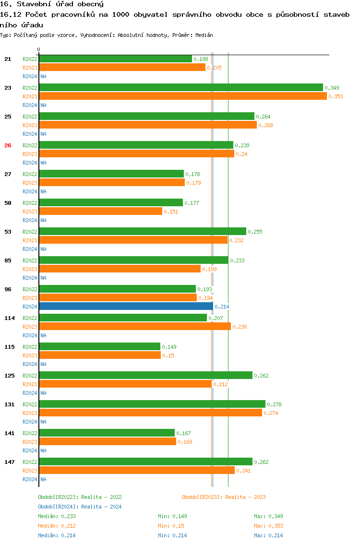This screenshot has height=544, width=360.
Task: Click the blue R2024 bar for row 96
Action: (126, 306)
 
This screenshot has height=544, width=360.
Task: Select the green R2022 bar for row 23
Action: (180, 87)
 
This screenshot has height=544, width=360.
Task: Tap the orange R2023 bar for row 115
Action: (100, 355)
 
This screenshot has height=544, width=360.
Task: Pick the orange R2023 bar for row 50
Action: (100, 211)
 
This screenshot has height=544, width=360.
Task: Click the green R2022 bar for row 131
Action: (152, 404)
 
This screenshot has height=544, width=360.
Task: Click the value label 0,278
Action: (274, 404)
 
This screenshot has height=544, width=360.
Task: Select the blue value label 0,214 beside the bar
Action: (222, 307)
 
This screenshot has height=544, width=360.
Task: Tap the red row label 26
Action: (8, 145)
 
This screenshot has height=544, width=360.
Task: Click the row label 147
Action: (10, 462)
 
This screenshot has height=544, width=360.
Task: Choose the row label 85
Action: (8, 260)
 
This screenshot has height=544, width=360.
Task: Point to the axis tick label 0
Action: (39, 49)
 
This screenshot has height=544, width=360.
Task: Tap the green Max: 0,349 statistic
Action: (268, 516)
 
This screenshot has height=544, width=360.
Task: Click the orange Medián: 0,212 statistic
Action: (57, 526)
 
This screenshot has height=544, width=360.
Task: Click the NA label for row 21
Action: (43, 76)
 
